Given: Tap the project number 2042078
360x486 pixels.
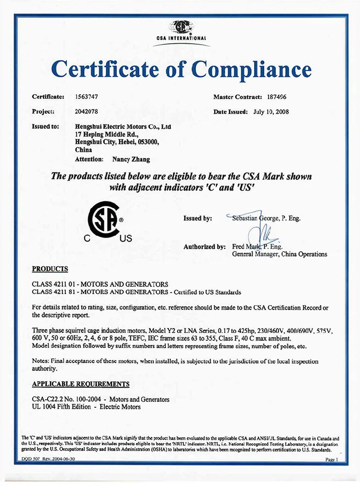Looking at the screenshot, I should [x=87, y=111].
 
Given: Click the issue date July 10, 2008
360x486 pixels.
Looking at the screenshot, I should [x=271, y=111].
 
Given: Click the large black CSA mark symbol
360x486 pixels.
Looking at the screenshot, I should [x=103, y=220].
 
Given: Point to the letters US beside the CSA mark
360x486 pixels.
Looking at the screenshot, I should [x=126, y=239].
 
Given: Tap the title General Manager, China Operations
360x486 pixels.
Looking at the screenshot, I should [x=280, y=254].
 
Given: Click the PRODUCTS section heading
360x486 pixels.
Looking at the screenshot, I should [x=50, y=269].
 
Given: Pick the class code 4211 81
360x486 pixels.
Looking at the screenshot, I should [x=61, y=292].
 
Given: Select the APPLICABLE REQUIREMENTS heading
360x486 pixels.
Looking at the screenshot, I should [x=81, y=384].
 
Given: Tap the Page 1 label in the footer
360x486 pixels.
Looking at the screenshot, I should [x=331, y=459].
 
